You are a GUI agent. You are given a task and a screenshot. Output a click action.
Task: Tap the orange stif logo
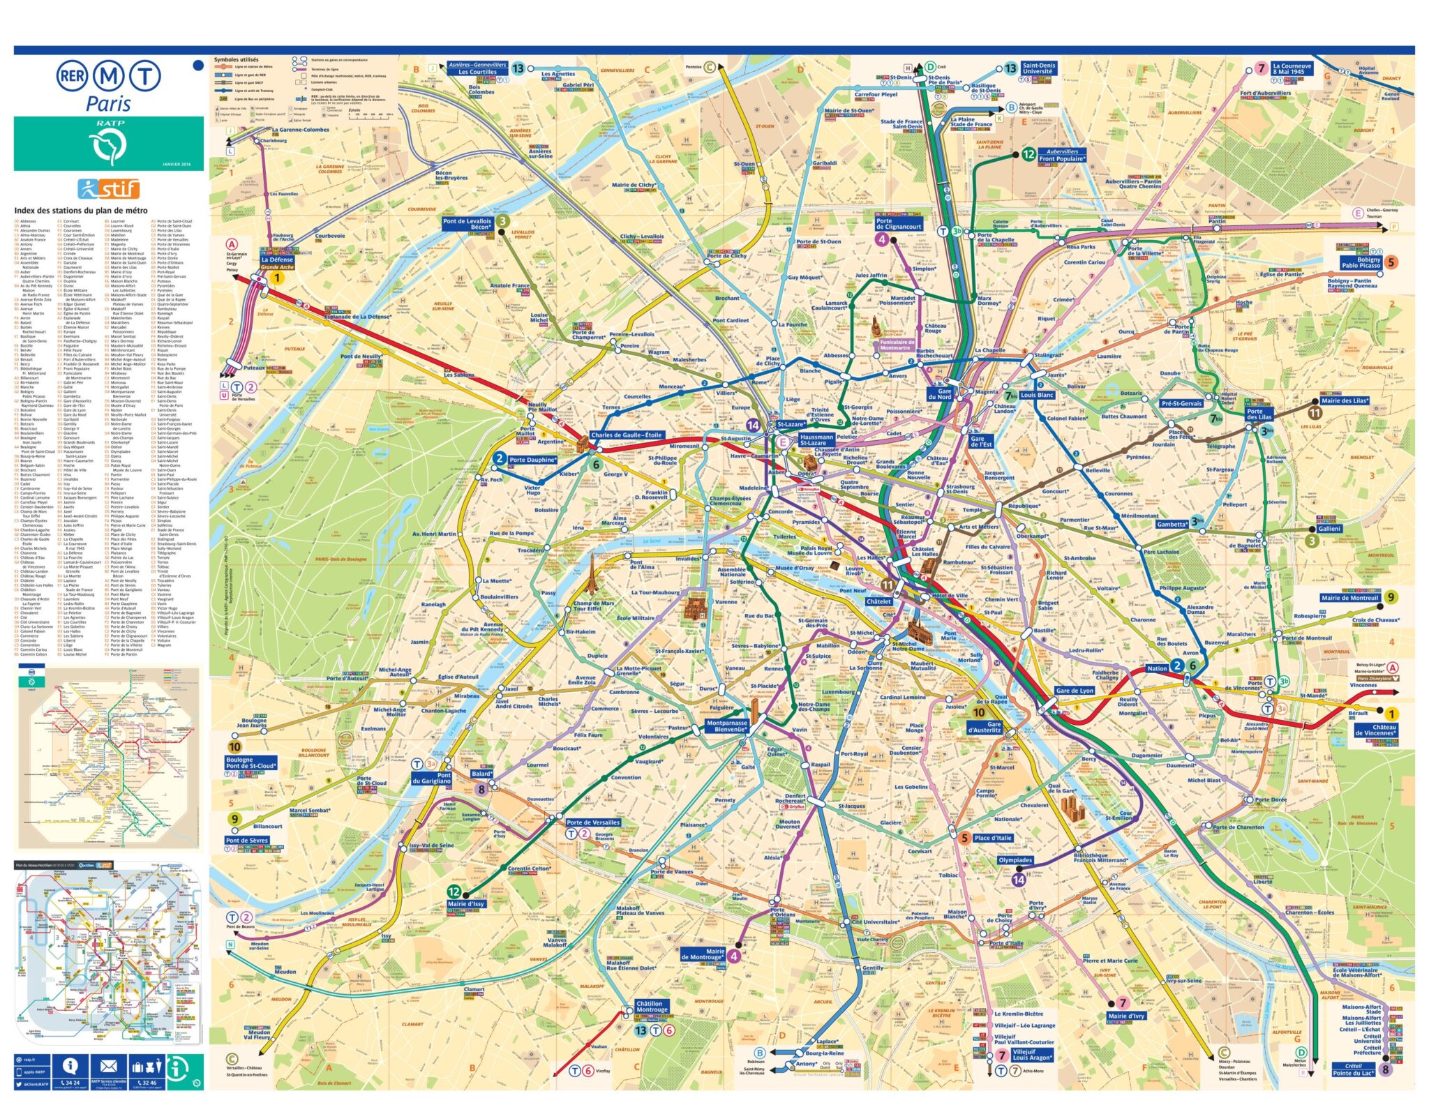coord(109,188)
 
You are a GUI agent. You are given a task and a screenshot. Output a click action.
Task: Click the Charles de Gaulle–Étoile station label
coord(626,435)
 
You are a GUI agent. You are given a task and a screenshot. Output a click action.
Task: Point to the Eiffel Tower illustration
coord(592,575)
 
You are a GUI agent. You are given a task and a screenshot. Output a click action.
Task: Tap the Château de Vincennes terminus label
coord(1375,730)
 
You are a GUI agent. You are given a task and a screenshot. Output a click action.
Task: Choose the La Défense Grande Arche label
coord(277,262)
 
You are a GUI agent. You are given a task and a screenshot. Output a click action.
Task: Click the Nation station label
coord(1157,668)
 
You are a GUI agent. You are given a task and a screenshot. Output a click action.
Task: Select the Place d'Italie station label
coord(992,838)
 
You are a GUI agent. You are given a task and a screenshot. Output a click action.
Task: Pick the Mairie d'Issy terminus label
coord(465,903)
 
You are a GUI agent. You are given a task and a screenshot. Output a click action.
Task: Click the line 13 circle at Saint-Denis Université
coord(1010,68)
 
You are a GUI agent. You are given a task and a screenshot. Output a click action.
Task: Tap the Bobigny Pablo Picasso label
coord(1360,262)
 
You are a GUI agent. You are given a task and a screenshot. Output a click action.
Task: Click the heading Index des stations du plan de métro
coord(81,210)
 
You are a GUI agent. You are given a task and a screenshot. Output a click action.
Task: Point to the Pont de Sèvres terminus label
coord(246,840)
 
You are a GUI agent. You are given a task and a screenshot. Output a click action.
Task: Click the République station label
coord(1024,506)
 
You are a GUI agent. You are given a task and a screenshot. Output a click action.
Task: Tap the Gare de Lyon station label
coord(1074,691)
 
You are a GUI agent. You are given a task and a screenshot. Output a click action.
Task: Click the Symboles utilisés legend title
coord(236,60)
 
